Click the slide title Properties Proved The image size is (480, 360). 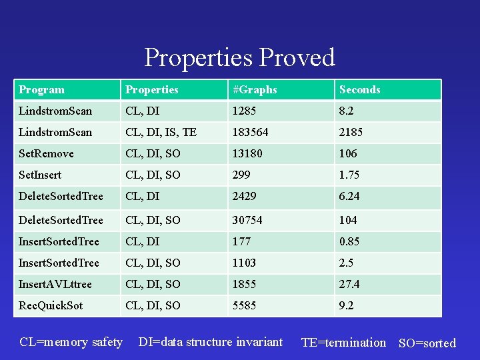pyautogui.click(x=239, y=57)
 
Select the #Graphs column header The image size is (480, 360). pyautogui.click(x=254, y=89)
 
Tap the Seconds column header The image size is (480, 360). pyautogui.click(x=359, y=89)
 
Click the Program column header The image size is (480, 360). pyautogui.click(x=42, y=89)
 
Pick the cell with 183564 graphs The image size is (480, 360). pyautogui.click(x=250, y=132)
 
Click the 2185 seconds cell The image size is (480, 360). pyautogui.click(x=351, y=132)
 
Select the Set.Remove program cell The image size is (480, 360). pyautogui.click(x=46, y=153)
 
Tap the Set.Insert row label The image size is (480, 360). pyautogui.click(x=40, y=175)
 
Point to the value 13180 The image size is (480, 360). pyautogui.click(x=247, y=153)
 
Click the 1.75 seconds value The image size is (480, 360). pyautogui.click(x=349, y=175)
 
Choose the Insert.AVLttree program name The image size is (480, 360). pyautogui.click(x=55, y=284)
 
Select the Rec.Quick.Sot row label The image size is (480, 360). pyautogui.click(x=51, y=305)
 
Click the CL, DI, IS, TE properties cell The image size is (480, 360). pyautogui.click(x=161, y=132)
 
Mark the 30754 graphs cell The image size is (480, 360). pyautogui.click(x=247, y=220)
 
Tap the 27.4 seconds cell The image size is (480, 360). pyautogui.click(x=349, y=284)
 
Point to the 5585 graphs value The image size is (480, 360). pyautogui.click(x=244, y=305)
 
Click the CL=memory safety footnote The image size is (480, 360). pyautogui.click(x=71, y=342)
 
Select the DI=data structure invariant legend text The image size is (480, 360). pyautogui.click(x=210, y=342)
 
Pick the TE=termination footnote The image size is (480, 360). pyautogui.click(x=343, y=343)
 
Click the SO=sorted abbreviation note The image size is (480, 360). pyautogui.click(x=427, y=343)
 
